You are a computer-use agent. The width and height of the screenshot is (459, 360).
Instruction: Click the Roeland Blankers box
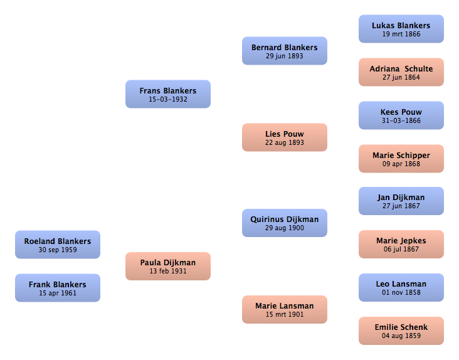click(58, 245)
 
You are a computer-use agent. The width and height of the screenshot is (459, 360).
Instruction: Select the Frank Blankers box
click(58, 288)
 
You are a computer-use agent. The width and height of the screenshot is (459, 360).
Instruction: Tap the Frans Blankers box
click(168, 94)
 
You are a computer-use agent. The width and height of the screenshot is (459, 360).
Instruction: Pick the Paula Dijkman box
click(168, 266)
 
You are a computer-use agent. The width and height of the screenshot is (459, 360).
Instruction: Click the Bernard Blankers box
click(285, 51)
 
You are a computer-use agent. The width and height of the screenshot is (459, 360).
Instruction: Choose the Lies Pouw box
click(285, 137)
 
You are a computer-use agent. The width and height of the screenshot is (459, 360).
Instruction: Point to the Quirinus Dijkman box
click(285, 223)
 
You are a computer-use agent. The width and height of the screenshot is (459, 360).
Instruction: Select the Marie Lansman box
click(285, 309)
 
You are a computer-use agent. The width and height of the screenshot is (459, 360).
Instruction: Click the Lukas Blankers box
click(401, 29)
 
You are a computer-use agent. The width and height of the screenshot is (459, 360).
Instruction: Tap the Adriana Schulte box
click(401, 72)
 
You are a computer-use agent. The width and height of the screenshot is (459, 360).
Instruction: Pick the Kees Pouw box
click(401, 115)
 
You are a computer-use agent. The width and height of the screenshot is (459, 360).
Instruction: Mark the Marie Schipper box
click(401, 159)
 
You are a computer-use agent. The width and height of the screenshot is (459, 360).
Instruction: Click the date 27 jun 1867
click(401, 206)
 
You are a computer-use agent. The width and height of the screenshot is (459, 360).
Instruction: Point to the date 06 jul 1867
click(401, 249)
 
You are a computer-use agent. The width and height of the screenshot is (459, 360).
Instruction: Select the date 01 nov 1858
click(401, 292)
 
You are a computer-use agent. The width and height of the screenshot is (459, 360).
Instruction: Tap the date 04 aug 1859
click(401, 336)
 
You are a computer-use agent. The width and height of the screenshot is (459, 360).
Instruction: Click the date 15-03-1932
click(168, 99)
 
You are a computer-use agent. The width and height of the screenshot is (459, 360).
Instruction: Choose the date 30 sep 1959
click(58, 250)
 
